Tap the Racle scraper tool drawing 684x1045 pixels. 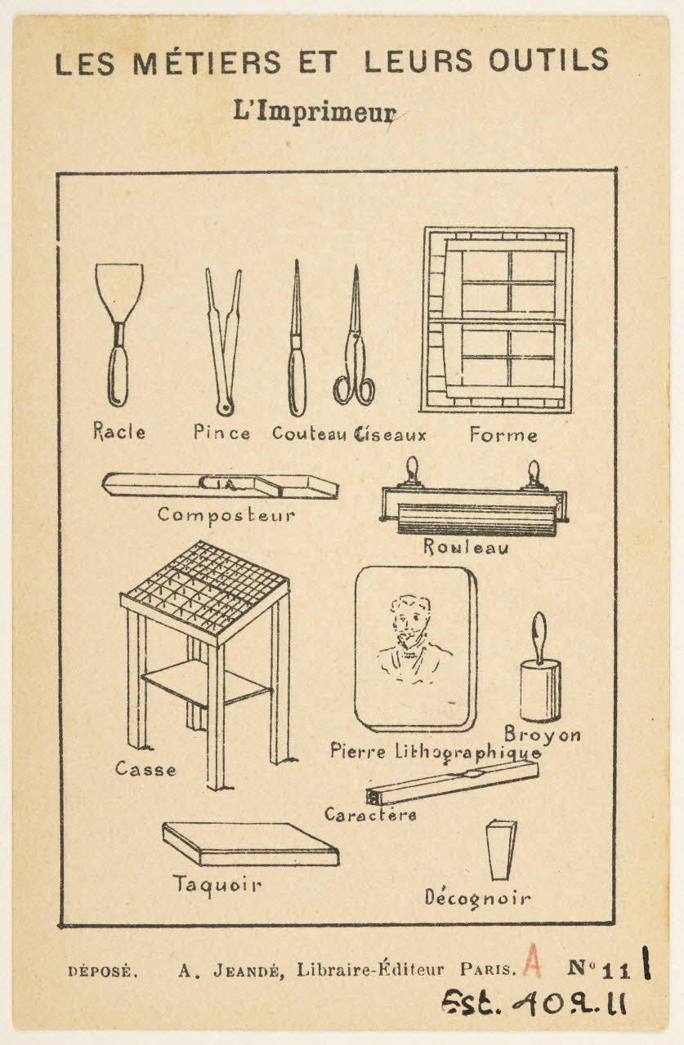pos(118,335)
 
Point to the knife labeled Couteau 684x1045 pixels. pos(297,338)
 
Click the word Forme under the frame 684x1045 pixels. pos(503,435)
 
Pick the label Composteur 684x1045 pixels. pos(226,515)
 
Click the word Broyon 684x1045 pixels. pos(543,735)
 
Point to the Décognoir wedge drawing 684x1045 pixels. pos(501,850)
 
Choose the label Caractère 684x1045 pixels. pos(370,815)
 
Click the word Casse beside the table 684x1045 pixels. pos(145,769)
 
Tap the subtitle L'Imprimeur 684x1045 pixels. pos(315,112)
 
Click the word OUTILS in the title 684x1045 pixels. pos(548,60)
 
